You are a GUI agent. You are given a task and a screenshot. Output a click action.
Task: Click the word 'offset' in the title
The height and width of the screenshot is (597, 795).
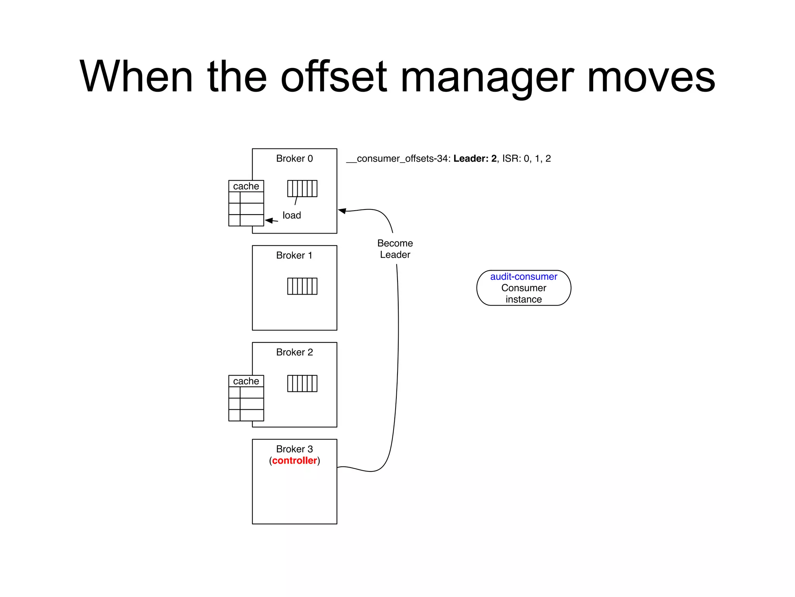coord(334,76)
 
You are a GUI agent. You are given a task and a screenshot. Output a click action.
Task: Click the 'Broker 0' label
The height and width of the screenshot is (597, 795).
coord(294,159)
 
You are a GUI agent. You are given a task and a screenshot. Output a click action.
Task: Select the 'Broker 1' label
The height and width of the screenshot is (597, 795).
coord(294,255)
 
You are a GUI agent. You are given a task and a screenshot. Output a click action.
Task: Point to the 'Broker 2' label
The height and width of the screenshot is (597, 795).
coord(294,352)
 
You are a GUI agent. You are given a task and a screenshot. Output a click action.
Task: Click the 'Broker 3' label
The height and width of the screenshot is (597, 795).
coord(294,449)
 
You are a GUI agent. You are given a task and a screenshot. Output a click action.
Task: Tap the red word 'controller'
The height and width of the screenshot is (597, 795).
coord(294,461)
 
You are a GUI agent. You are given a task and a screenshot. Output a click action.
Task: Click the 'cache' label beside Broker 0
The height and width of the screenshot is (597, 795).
coord(246,186)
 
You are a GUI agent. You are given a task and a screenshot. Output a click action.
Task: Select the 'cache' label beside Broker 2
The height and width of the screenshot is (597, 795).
coord(246,381)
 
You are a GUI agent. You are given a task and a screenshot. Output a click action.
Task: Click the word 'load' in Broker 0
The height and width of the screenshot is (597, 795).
coord(292,215)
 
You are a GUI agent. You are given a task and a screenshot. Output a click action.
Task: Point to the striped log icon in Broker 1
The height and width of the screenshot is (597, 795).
coord(302,286)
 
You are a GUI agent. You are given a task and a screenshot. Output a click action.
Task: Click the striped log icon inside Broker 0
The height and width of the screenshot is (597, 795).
coord(302,189)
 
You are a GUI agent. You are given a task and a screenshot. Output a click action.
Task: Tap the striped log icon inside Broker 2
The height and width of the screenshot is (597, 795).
coord(302,383)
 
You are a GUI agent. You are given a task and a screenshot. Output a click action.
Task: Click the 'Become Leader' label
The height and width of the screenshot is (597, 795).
coord(395,249)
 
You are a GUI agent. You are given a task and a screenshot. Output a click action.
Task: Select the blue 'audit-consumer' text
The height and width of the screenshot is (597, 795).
coord(523,277)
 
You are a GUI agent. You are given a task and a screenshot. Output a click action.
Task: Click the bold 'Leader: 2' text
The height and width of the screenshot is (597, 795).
coord(475,159)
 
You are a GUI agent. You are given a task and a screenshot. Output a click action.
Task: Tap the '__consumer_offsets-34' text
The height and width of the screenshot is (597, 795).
coord(398,159)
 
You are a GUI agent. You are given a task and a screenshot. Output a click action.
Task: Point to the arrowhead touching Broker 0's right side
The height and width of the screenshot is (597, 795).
coord(342,211)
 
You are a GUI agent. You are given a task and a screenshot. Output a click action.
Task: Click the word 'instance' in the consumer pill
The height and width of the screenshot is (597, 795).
coord(523,299)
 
